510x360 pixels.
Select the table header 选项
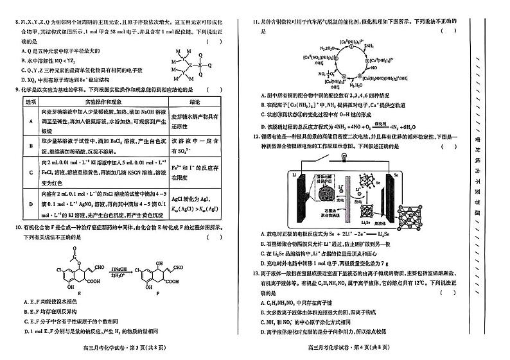[x=28, y=101]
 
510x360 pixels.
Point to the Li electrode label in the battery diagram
[x=295, y=175]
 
